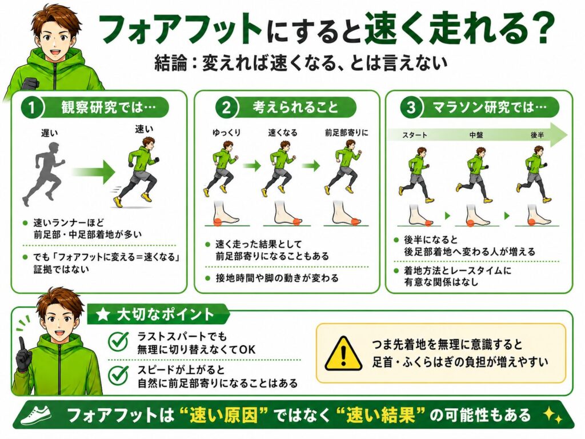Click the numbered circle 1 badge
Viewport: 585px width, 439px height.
(32, 108)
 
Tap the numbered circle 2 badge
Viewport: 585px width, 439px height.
(226, 108)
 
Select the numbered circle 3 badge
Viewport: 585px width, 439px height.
(411, 108)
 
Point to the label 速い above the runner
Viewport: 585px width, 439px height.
(144, 129)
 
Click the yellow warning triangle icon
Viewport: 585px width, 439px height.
(343, 353)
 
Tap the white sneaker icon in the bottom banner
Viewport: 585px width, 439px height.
(36, 414)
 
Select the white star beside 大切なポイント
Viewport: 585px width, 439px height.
(103, 315)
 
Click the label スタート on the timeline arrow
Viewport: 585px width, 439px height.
(415, 135)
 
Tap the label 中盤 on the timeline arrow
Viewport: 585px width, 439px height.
(476, 135)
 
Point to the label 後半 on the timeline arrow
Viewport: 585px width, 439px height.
(537, 135)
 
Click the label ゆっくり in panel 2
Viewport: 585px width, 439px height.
(226, 133)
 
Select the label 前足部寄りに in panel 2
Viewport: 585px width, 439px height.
(346, 133)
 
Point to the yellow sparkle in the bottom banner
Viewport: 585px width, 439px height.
(553, 415)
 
